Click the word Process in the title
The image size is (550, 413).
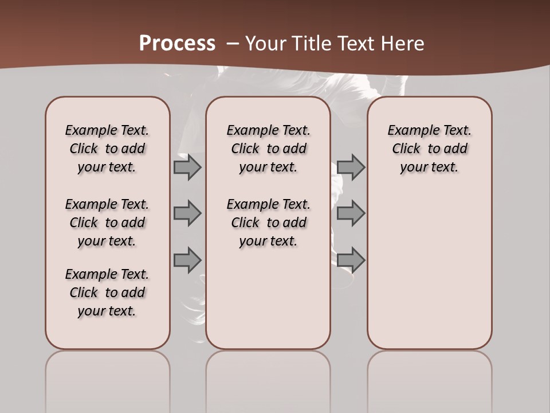(x=177, y=44)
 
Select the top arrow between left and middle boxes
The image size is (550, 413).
(x=187, y=167)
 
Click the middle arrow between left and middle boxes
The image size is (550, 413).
(x=187, y=213)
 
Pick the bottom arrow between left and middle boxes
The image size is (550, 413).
(x=187, y=260)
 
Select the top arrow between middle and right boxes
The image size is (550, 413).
(x=351, y=167)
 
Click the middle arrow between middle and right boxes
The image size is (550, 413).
(x=351, y=213)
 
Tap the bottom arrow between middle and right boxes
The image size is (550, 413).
(x=351, y=260)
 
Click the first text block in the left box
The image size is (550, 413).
(x=107, y=149)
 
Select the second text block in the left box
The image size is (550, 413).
(x=107, y=223)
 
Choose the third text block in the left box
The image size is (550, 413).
(x=107, y=293)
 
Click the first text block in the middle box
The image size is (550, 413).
(x=268, y=149)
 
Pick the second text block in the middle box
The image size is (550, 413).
(x=268, y=223)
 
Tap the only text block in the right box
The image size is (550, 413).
(x=429, y=149)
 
